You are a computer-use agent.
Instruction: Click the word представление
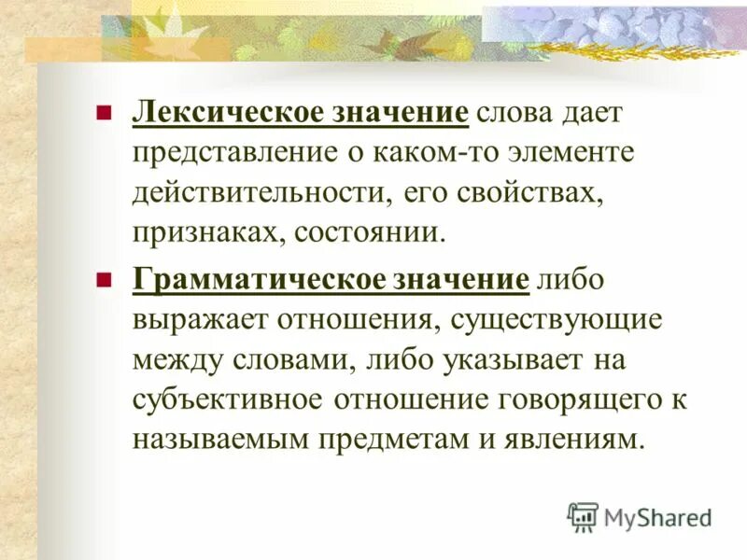(x=224, y=154)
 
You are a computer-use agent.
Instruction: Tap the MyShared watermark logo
(x=640, y=515)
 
